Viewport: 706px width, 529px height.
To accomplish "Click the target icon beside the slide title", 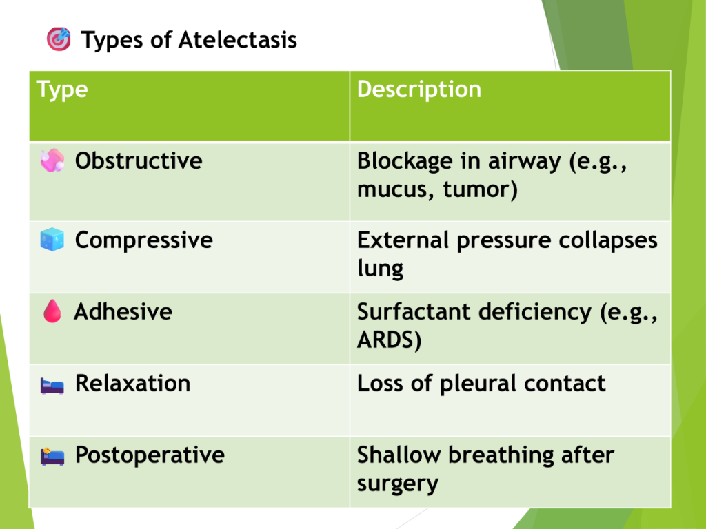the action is (59, 39).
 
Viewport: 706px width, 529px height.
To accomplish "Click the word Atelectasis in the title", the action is (238, 39).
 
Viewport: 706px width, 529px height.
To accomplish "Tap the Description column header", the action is (418, 89).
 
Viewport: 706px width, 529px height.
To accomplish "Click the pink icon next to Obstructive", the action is (52, 160).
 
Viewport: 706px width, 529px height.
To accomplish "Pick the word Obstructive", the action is (139, 161).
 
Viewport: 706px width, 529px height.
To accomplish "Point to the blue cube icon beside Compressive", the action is (52, 239).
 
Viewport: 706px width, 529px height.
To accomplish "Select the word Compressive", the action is (143, 240).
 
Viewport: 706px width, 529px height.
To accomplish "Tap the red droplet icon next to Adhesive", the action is (52, 311).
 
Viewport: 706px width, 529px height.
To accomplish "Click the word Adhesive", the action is (123, 311).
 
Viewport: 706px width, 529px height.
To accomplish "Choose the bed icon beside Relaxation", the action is (52, 386).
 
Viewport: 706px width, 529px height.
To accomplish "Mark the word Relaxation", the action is (132, 383).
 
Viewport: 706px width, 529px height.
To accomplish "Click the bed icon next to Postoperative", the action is (52, 457).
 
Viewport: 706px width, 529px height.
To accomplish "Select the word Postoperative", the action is (150, 455).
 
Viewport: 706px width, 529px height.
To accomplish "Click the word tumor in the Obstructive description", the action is (480, 189).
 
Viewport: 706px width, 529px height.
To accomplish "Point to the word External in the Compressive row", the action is (403, 240).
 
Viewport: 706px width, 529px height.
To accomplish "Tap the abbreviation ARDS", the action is (389, 340).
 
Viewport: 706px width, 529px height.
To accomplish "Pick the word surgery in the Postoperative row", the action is (398, 484).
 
